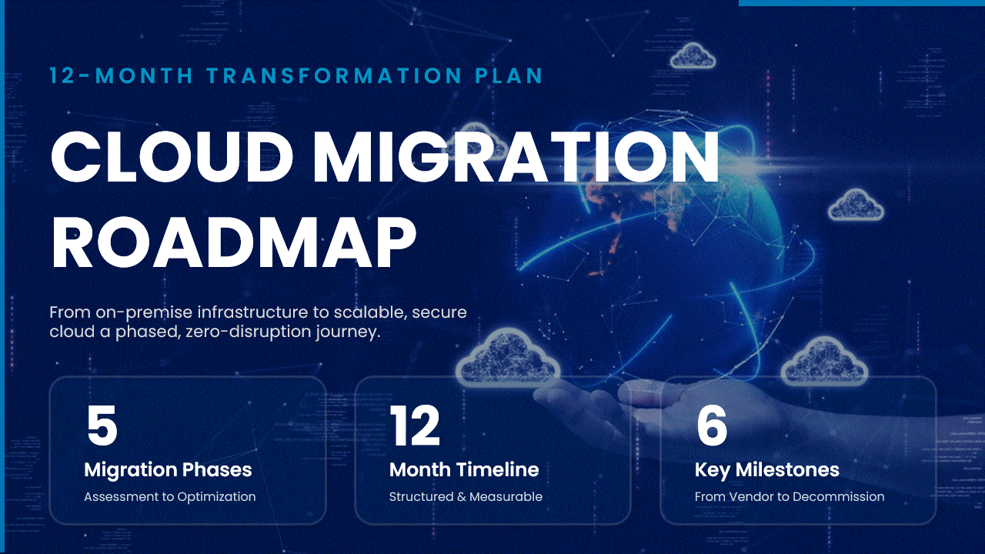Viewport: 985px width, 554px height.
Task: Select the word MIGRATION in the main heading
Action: (x=516, y=156)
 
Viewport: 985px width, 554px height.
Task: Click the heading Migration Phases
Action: (x=168, y=469)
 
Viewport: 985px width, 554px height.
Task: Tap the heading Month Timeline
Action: (x=464, y=469)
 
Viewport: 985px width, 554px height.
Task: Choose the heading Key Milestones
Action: (x=766, y=469)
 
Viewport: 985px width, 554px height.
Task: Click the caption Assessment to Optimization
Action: (x=169, y=497)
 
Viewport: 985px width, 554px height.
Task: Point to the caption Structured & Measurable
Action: (x=466, y=497)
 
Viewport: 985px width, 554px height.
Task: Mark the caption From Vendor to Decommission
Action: (x=790, y=497)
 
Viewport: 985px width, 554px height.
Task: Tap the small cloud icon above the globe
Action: (x=693, y=55)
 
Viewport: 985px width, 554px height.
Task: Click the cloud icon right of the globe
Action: (x=856, y=205)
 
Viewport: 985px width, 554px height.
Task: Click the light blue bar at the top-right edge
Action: (x=862, y=3)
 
